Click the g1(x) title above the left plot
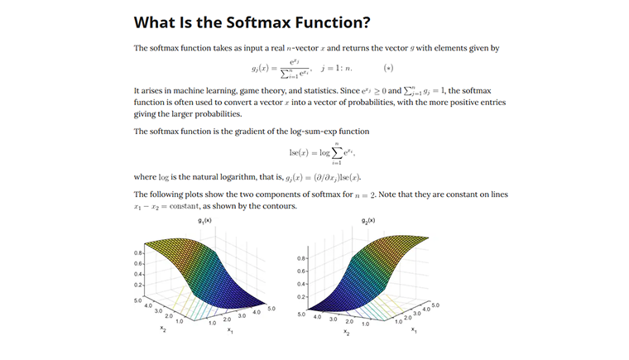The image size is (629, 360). point(205,221)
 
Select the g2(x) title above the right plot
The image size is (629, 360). point(368,221)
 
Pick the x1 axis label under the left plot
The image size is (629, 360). point(230,331)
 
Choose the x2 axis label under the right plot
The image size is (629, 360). point(347,334)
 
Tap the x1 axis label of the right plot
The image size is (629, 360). point(414,329)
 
